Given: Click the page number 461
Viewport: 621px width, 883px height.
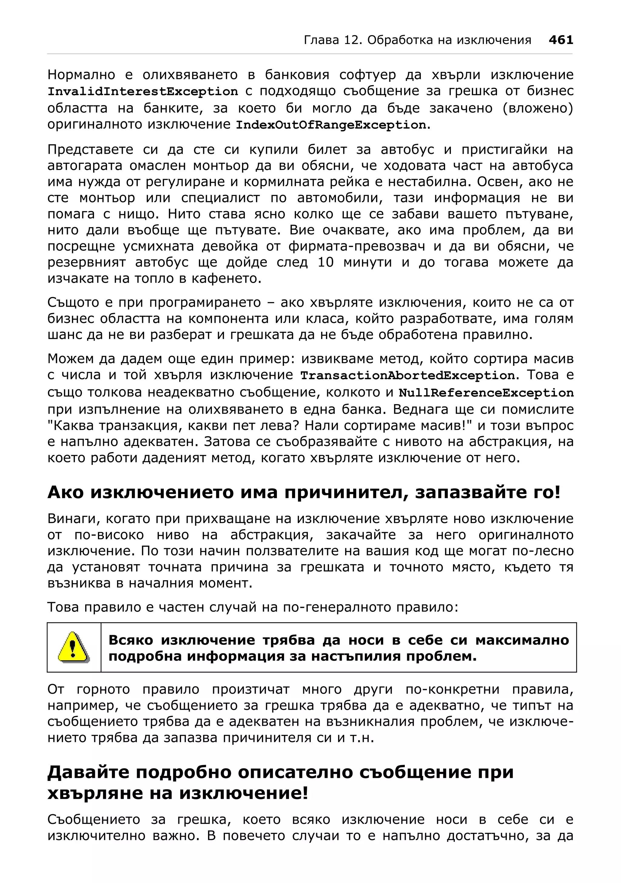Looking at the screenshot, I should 561,40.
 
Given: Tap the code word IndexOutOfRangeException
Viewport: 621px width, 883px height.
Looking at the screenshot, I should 331,125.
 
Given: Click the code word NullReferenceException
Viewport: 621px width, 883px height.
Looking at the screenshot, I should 486,393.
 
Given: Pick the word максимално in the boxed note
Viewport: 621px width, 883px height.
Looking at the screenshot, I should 522,640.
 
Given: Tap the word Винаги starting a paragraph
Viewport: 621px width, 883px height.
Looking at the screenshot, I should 71,519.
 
